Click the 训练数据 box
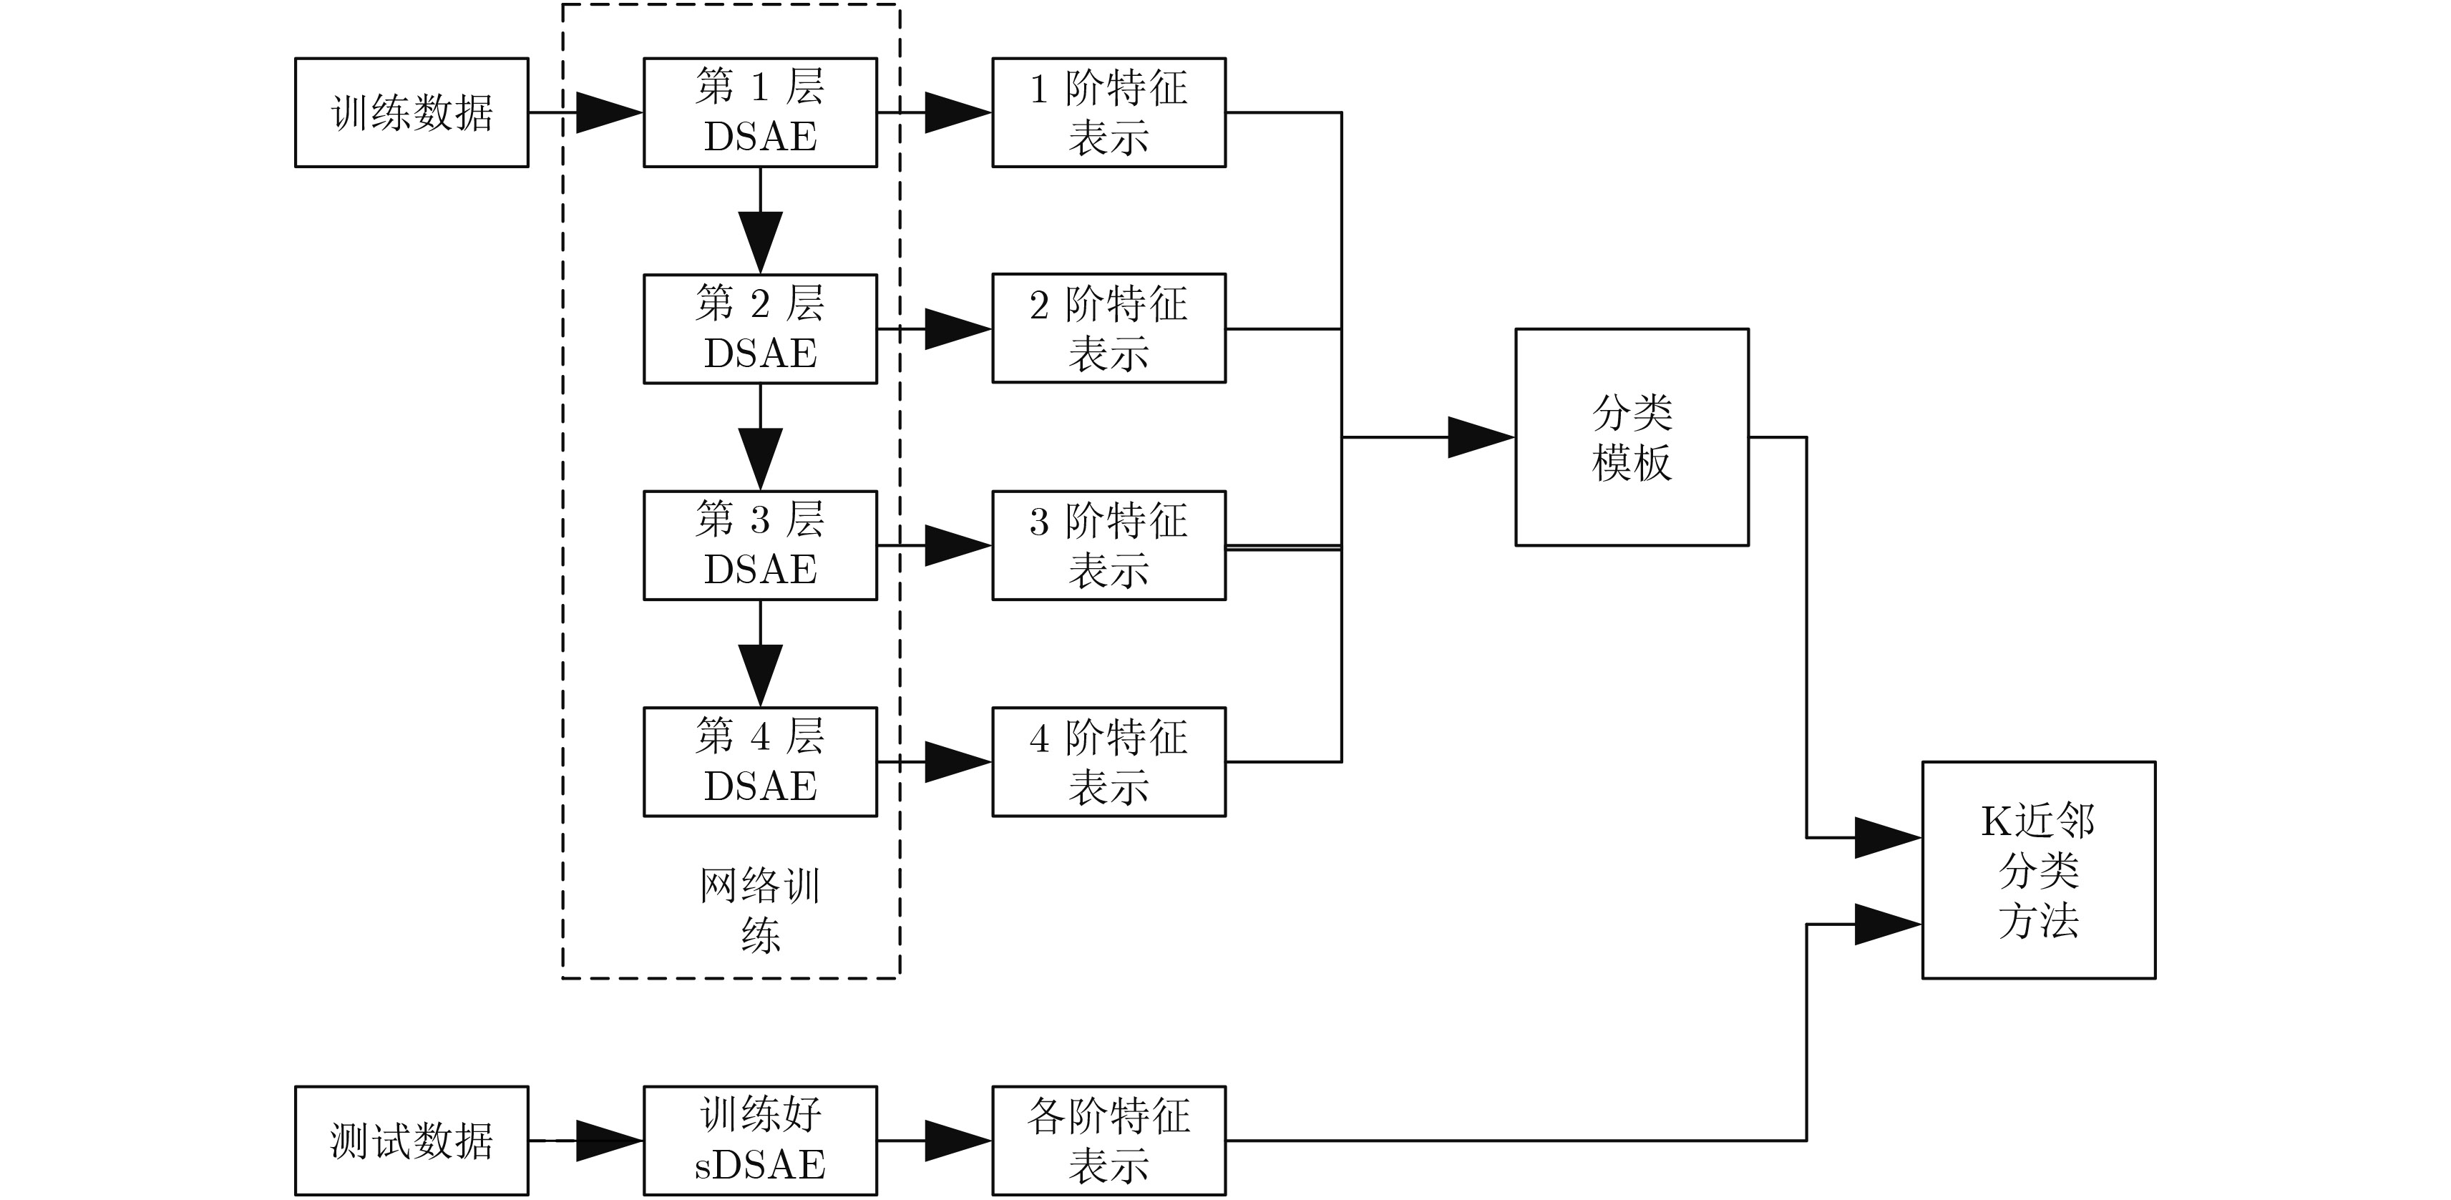(411, 112)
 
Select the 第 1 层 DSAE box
(759, 112)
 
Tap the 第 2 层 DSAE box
(759, 328)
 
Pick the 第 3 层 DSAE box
(759, 545)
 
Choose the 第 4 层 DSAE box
(759, 761)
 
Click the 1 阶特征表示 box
(1108, 112)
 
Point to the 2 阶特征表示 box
(1108, 328)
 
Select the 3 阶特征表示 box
(1108, 545)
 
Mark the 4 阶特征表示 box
(1108, 761)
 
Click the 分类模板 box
(1631, 436)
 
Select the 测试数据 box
(411, 1140)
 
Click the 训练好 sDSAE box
(759, 1140)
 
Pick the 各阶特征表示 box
(1108, 1140)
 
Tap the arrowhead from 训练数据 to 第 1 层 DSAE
(609, 112)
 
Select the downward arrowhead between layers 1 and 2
(760, 240)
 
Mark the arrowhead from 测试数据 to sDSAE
(609, 1140)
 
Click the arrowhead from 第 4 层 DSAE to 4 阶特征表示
(958, 761)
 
